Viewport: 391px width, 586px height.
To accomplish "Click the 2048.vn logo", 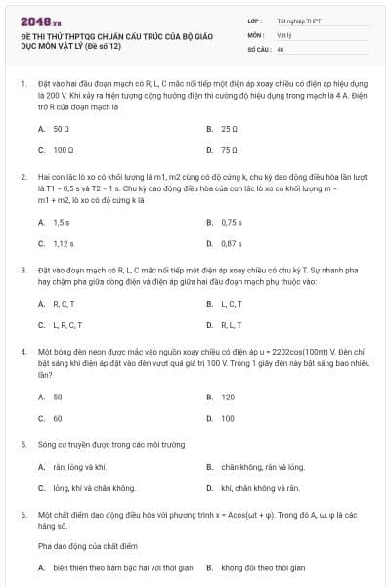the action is (x=38, y=19).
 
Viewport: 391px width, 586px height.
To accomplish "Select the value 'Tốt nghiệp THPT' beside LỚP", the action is (x=297, y=20).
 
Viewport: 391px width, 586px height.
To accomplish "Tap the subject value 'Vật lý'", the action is (x=284, y=33).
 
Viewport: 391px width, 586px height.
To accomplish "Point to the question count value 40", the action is (x=281, y=48).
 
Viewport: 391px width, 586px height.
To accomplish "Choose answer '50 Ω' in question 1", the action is (x=61, y=128).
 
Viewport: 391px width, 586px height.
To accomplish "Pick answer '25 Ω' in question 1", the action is (x=230, y=128).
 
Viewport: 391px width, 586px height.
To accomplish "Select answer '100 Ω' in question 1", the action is (x=64, y=150).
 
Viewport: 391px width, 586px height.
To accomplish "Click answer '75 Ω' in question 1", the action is (x=230, y=150).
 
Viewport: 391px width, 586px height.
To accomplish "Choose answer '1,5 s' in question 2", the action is (x=62, y=222).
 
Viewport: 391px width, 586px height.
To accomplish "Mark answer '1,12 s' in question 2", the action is (x=64, y=243).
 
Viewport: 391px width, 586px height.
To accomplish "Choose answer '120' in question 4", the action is (x=228, y=397).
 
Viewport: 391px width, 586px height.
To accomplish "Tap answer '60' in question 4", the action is (x=58, y=418).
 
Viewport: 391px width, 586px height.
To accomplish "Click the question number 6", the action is (x=22, y=514).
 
